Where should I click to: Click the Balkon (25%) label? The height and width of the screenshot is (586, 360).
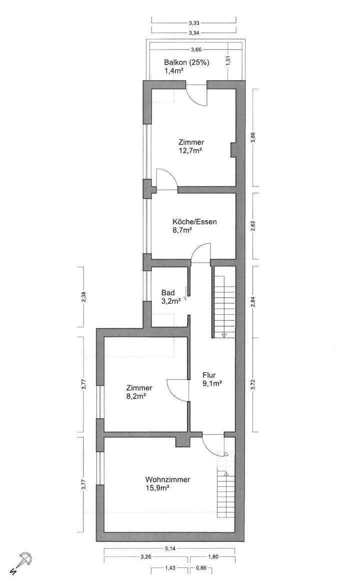pyautogui.click(x=187, y=63)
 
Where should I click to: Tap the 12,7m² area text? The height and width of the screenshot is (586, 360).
pyautogui.click(x=190, y=150)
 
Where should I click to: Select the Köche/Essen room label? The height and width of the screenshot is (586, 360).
pyautogui.click(x=194, y=222)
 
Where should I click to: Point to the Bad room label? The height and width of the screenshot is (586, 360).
pyautogui.click(x=167, y=293)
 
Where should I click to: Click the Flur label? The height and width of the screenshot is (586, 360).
pyautogui.click(x=209, y=374)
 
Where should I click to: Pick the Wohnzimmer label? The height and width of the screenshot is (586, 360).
pyautogui.click(x=167, y=479)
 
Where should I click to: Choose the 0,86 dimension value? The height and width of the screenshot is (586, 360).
pyautogui.click(x=201, y=568)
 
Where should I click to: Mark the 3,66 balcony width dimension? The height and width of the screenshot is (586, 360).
pyautogui.click(x=196, y=49)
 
